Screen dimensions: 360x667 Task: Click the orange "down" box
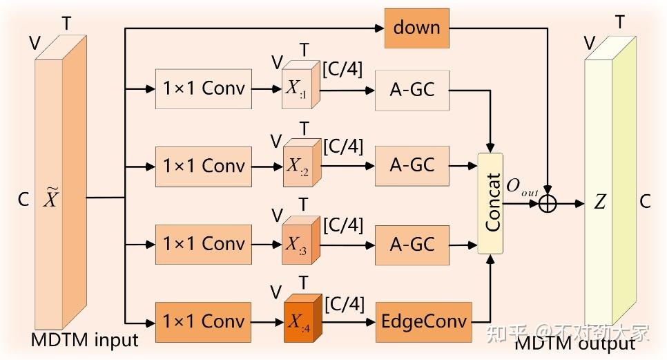[x=416, y=28]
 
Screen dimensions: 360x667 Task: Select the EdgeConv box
[x=423, y=322]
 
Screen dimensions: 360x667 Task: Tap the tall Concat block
[x=491, y=205]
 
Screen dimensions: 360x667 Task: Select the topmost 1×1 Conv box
[x=204, y=89]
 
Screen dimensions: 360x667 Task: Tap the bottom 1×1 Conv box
[x=204, y=322]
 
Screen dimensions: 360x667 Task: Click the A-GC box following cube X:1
[x=412, y=89]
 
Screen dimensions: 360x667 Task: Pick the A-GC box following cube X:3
[x=412, y=245]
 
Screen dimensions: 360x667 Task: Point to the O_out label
[x=522, y=187]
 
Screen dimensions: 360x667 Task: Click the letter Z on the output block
[x=600, y=202]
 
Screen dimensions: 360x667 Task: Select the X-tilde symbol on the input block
[x=52, y=199]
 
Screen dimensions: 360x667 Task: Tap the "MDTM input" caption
[x=84, y=340]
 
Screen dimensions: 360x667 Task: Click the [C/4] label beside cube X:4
[x=343, y=303]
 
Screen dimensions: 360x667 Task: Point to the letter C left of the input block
[x=23, y=200]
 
